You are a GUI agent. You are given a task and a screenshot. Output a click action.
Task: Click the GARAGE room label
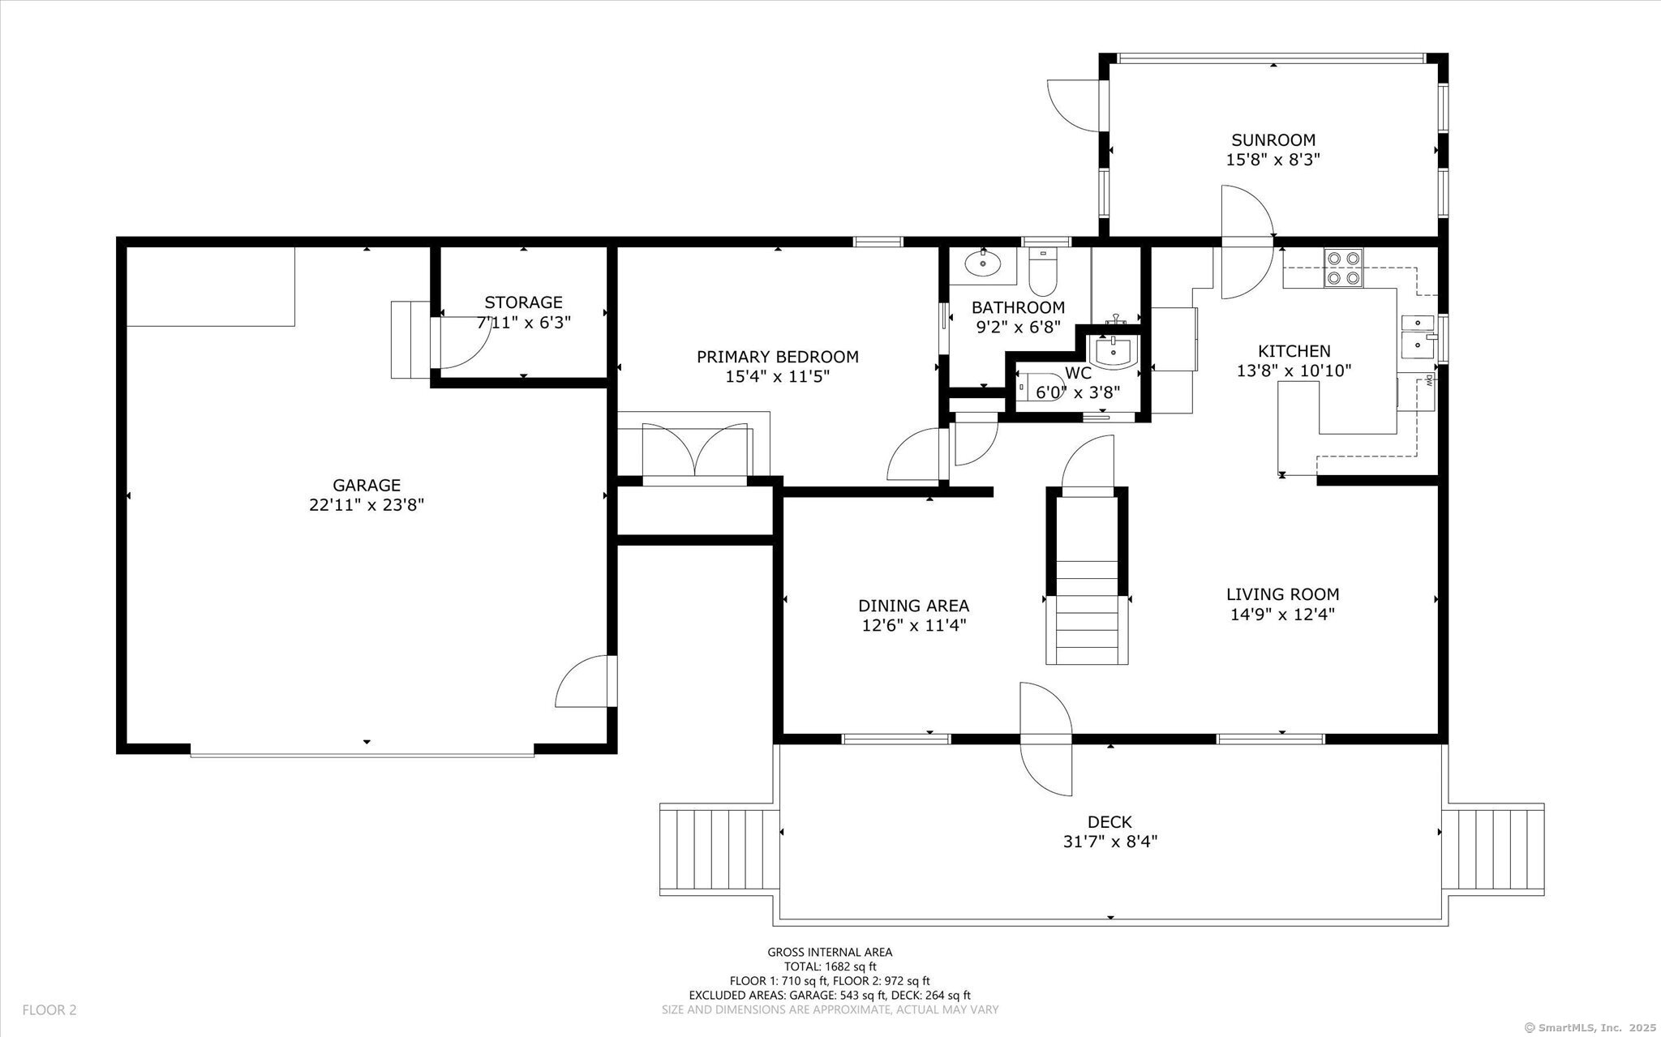click(x=367, y=485)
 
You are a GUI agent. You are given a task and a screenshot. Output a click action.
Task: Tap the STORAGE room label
click(x=523, y=302)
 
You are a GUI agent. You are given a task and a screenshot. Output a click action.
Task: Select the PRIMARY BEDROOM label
click(x=778, y=357)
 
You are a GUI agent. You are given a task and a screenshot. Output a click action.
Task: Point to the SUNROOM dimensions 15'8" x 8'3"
click(x=1273, y=160)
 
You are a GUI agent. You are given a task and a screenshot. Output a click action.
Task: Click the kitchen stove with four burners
click(x=1343, y=268)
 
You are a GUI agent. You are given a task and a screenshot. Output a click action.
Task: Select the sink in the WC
click(x=1114, y=351)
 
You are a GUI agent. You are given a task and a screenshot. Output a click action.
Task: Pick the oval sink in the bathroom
click(x=984, y=263)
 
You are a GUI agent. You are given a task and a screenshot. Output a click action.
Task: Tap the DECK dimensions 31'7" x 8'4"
click(x=1109, y=842)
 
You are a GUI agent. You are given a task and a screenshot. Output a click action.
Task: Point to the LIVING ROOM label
click(x=1282, y=594)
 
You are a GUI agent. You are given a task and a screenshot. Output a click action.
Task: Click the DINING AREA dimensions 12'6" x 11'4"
click(x=914, y=626)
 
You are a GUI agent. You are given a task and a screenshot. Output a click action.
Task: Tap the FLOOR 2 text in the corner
click(x=49, y=1010)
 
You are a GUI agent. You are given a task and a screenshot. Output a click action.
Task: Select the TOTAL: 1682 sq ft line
click(x=830, y=966)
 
